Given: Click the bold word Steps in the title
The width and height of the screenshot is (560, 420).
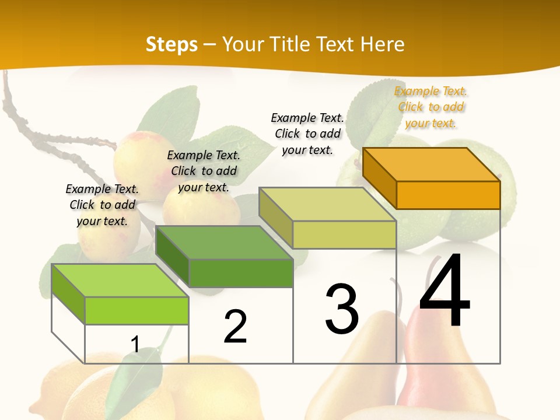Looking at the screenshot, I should point(171,44).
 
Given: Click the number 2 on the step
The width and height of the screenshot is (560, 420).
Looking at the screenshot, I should point(235,327).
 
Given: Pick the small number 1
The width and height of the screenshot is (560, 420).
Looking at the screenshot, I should point(135,345).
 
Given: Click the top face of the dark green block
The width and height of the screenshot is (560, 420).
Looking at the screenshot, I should point(224,242).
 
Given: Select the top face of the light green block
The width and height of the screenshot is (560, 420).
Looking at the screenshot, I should point(120,280).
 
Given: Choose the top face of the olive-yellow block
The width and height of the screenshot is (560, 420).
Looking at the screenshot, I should point(328,204).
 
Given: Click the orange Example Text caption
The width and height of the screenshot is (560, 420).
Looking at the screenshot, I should point(430,107).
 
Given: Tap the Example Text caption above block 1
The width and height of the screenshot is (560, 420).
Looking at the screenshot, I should point(102,205).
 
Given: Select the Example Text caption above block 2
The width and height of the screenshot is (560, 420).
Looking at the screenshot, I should point(204,171).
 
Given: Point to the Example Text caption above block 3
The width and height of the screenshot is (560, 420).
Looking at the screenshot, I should point(307,134).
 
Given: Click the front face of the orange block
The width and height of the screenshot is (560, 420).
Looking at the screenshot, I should point(448,195).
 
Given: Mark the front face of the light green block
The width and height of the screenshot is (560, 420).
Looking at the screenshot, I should point(136,310).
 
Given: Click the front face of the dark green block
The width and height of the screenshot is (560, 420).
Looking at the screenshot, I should point(241,273).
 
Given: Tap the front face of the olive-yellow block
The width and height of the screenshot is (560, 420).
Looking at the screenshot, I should point(344,235).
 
